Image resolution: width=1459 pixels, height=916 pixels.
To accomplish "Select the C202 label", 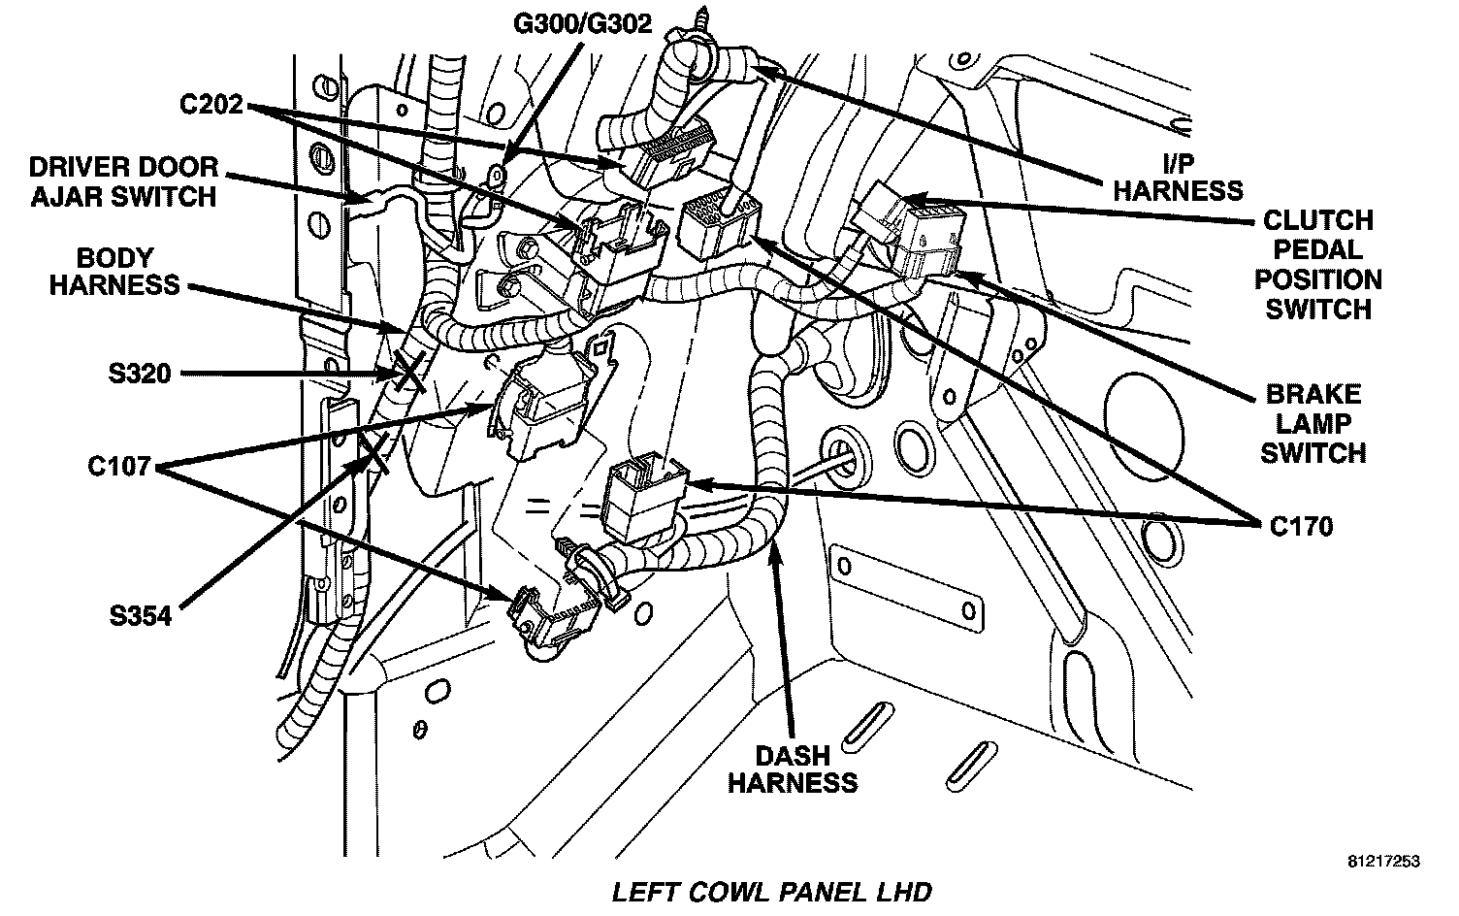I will click(x=211, y=104).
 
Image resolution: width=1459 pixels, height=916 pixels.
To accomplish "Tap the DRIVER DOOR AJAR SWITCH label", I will click(x=123, y=181).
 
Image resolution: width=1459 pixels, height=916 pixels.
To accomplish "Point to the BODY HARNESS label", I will click(x=114, y=272).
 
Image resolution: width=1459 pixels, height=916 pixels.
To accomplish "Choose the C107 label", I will click(x=118, y=467).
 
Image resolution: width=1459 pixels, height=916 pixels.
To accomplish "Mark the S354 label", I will click(x=140, y=615).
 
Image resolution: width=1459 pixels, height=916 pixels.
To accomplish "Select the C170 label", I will click(x=1301, y=526).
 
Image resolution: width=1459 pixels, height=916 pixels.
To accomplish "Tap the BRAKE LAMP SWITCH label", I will click(x=1313, y=423).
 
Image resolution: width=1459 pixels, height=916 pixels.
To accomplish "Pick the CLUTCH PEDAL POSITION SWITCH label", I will click(x=1318, y=265).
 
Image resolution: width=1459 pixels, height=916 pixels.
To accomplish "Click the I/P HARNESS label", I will click(x=1177, y=176).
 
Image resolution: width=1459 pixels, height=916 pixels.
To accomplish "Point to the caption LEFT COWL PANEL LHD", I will click(x=771, y=892).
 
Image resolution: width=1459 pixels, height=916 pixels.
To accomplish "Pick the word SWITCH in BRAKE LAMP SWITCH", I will click(x=1313, y=452).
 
